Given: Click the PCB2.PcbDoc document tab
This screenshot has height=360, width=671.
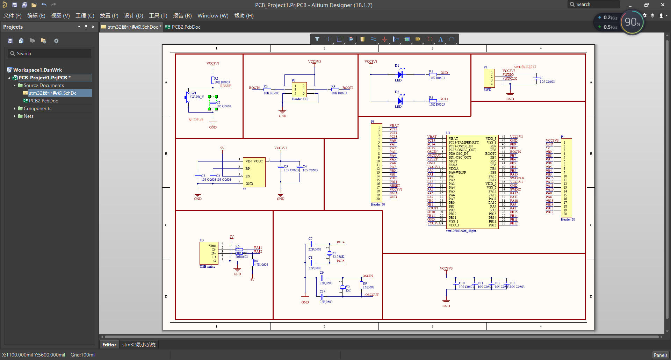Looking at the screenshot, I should click(x=186, y=27).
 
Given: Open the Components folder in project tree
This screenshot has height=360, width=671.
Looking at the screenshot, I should click(x=37, y=108).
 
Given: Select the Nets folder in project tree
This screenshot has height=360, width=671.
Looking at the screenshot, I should click(x=28, y=116).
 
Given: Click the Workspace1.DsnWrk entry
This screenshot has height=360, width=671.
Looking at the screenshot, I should click(x=37, y=70).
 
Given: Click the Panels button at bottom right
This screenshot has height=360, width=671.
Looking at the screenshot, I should click(x=660, y=355).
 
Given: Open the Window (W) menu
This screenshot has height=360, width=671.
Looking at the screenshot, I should click(x=212, y=16).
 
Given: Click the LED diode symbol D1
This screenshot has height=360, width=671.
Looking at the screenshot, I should click(x=400, y=74).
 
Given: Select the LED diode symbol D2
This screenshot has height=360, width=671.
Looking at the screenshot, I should click(x=400, y=101).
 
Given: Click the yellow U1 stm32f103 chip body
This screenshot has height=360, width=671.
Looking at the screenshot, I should click(x=472, y=182).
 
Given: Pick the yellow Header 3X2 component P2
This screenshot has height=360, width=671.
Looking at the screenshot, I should click(x=299, y=90).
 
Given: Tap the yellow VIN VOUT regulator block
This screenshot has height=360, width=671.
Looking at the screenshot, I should click(x=254, y=172).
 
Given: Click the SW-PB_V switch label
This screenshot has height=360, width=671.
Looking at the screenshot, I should click(x=196, y=97).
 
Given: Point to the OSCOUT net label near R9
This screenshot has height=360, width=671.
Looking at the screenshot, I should click(x=372, y=295).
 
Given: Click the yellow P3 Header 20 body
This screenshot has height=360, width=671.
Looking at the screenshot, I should click(x=376, y=163).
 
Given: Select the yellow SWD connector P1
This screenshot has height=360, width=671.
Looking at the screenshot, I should click(x=489, y=78).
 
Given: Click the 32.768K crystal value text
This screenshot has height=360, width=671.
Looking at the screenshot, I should click(x=338, y=257).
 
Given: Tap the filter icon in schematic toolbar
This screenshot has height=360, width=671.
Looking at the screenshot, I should click(x=317, y=39).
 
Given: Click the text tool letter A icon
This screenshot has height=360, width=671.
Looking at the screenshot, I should click(x=441, y=39).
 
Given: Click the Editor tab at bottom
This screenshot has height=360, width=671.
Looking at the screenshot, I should click(x=109, y=345).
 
